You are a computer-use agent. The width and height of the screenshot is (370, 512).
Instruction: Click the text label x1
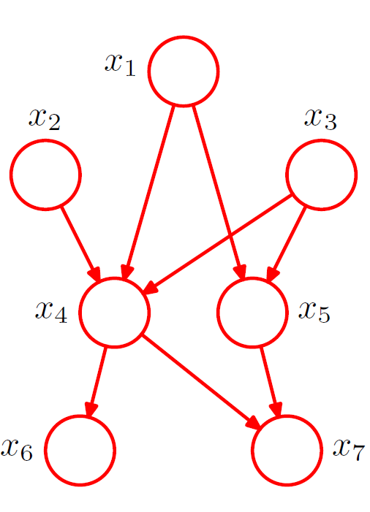coord(120,64)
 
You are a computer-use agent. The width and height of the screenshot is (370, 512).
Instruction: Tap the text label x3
coord(321,119)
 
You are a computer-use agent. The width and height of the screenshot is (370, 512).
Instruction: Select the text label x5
coord(314,312)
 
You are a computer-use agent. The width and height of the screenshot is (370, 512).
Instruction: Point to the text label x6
coord(17,450)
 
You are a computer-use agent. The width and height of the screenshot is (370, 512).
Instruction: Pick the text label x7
coord(349,450)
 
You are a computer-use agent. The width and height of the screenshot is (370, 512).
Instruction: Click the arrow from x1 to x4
coord(148,193)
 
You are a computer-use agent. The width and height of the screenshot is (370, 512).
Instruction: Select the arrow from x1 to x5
coord(219,193)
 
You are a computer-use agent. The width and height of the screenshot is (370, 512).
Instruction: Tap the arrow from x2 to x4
coord(80,244)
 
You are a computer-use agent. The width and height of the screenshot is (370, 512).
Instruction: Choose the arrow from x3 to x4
coord(216,244)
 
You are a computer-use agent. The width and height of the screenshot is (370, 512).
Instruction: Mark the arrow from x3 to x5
coord(287,244)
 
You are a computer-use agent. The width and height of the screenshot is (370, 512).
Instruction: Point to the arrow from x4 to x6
coord(97,382)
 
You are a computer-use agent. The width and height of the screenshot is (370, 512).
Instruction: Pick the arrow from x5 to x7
coord(271,382)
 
